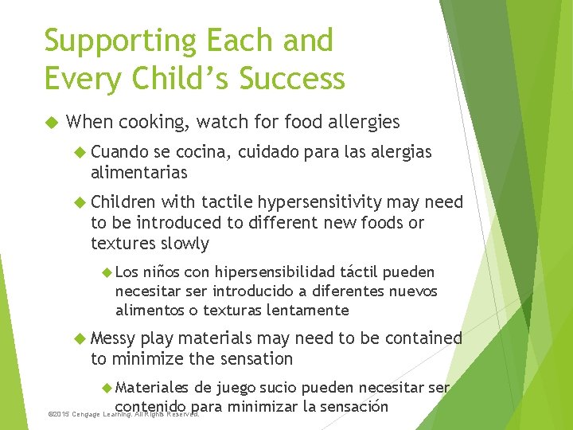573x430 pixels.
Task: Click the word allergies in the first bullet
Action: pos(361,122)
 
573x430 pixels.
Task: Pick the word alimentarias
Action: pos(139,173)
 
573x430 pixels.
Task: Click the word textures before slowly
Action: pos(123,244)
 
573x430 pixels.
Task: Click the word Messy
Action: pos(114,338)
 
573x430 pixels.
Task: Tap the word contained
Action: pos(423,338)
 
